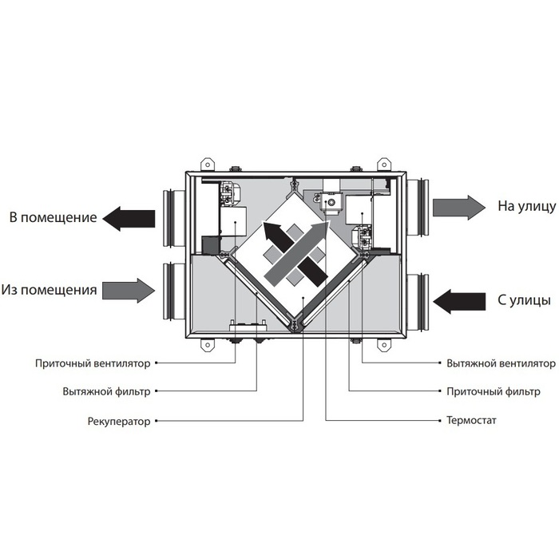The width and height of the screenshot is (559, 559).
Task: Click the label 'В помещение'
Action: [53, 217]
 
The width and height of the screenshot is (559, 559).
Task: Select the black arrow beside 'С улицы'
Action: [459, 300]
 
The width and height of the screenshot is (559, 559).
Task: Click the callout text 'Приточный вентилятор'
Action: [93, 363]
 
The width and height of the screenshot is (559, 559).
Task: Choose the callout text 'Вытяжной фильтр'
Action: [105, 392]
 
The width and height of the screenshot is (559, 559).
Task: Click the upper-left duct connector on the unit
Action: [173, 218]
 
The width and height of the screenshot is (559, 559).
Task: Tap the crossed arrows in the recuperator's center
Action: [296, 253]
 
